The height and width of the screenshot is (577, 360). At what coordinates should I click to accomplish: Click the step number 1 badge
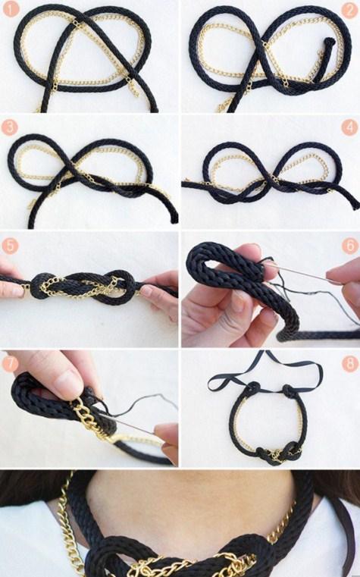(x=11, y=9)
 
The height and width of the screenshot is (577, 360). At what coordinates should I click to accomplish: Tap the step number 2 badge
(x=349, y=10)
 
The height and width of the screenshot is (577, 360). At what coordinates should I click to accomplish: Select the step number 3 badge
(x=10, y=127)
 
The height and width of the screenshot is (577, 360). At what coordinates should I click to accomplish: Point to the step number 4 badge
(x=349, y=127)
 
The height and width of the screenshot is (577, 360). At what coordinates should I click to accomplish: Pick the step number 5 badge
(x=10, y=246)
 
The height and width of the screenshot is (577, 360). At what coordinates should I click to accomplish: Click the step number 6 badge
(x=349, y=246)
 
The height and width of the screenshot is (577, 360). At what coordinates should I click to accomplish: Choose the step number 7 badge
(x=10, y=364)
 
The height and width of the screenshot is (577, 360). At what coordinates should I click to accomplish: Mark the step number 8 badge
(x=349, y=364)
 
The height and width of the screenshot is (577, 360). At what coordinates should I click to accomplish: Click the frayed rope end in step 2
(x=329, y=42)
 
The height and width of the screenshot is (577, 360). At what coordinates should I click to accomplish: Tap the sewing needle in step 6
(x=302, y=272)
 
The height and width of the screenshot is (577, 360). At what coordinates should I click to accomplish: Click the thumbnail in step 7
(x=68, y=384)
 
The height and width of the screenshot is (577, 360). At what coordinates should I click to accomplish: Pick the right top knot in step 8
(x=290, y=391)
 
